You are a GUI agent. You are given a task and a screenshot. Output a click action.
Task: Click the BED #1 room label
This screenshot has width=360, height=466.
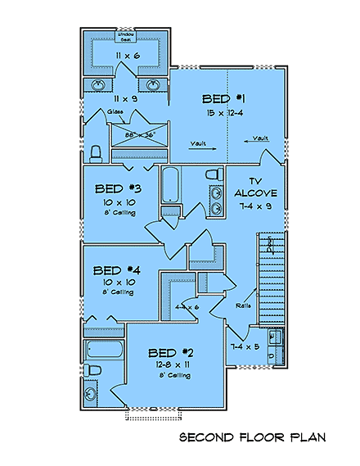coord(225,98)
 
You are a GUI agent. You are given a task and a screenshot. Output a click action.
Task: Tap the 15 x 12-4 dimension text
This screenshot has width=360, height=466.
coord(225,111)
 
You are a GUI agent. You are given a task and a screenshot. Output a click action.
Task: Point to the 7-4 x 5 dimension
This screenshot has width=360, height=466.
coord(246,347)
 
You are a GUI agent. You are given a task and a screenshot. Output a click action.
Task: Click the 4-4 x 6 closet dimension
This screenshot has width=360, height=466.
coord(187,307)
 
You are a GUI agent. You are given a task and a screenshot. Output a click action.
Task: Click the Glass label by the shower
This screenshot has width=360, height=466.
coord(115,111)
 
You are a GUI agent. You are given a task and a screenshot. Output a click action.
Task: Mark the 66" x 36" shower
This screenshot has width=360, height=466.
coord(139,134)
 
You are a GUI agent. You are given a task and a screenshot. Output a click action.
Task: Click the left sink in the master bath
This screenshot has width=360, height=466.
coord(98,84)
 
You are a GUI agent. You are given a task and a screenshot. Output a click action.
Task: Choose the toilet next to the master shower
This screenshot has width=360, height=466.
coord(96,153)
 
